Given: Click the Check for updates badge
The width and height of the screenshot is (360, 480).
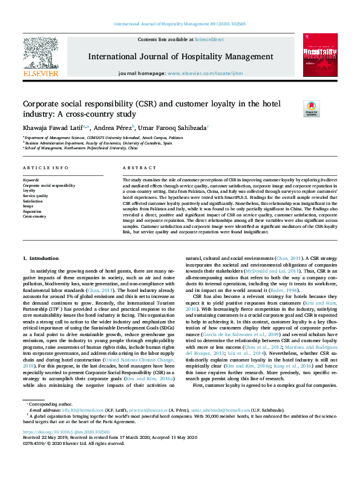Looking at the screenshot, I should pyautogui.click(x=294, y=109).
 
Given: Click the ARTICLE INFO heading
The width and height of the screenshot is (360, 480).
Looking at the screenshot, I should pyautogui.click(x=45, y=167).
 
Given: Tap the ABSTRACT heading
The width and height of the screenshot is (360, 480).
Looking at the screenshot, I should pyautogui.click(x=136, y=167).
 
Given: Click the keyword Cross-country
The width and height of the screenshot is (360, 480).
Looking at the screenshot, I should pyautogui.click(x=35, y=216).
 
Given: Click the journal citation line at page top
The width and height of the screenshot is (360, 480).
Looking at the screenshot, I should pyautogui.click(x=180, y=24).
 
